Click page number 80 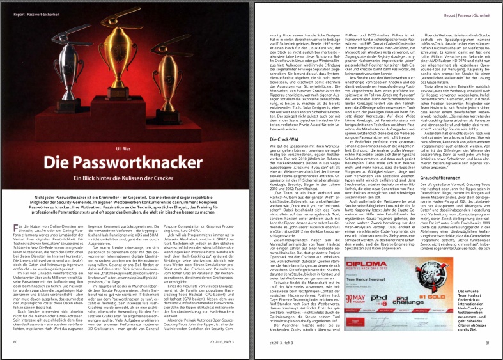coord(15,343)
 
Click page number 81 coord(487,343)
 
